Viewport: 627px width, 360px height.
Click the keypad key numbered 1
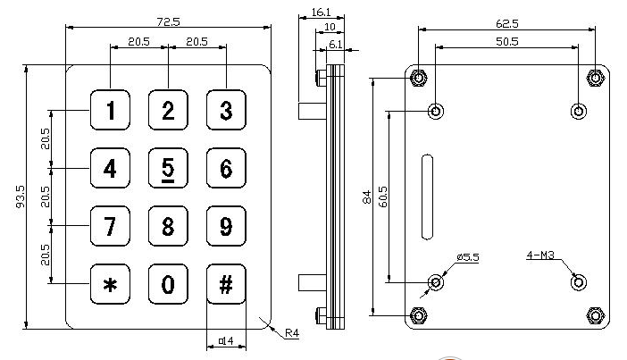coord(110,110)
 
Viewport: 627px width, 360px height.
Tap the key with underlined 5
coord(168,168)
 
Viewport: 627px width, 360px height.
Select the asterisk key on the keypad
coord(110,284)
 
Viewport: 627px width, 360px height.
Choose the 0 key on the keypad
coord(168,284)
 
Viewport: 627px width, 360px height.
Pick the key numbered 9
coord(226,226)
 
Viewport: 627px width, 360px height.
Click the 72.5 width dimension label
coord(168,21)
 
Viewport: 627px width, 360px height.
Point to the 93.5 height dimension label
coord(21,197)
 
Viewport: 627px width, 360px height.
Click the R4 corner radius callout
coord(292,333)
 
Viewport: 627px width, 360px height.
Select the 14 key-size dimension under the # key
coord(226,341)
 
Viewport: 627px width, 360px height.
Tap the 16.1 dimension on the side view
coord(322,13)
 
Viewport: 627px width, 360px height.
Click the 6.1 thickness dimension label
coord(335,44)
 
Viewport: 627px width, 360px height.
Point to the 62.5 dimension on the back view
coord(507,23)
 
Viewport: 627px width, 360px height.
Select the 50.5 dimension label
coord(507,41)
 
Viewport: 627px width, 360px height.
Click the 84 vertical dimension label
coord(367,197)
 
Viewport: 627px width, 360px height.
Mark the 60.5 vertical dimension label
coord(382,197)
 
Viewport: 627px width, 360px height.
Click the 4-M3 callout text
coord(540,255)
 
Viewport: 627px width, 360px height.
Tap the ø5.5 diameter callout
coord(468,256)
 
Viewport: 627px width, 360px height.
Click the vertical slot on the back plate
coord(428,197)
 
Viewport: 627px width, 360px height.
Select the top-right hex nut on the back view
coord(595,78)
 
